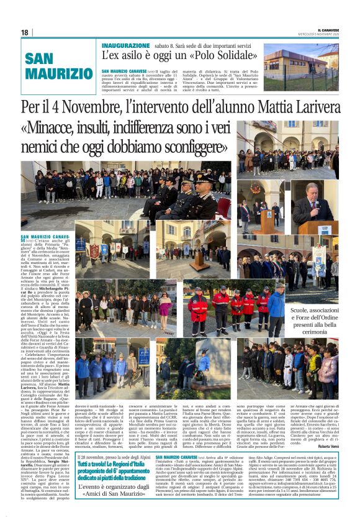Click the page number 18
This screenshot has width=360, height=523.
tap(24, 32)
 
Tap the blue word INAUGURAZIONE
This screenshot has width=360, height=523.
tap(125, 46)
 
